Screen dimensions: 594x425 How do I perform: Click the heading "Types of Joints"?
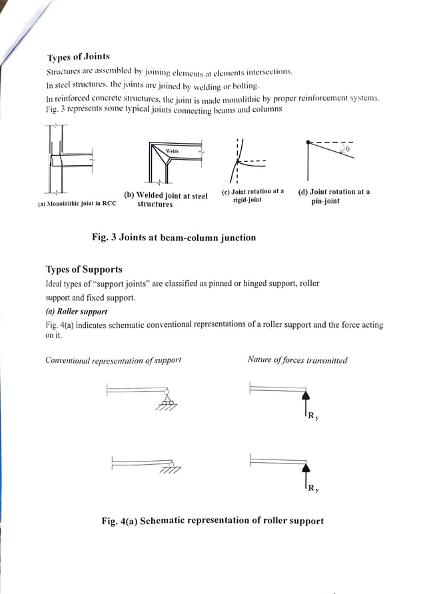78,57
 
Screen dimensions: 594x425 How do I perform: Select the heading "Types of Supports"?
84,270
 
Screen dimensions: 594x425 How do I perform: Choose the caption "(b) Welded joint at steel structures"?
166,200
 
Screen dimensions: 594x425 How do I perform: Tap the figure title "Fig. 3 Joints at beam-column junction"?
173,237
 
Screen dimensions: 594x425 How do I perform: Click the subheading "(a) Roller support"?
76,311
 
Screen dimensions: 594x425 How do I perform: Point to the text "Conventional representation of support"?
113,360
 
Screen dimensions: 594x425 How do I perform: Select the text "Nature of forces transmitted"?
297,360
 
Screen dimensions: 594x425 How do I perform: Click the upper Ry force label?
312,418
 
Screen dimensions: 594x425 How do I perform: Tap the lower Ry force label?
312,489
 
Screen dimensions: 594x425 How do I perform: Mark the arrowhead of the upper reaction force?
306,395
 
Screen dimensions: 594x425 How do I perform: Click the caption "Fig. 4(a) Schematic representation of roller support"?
212,521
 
